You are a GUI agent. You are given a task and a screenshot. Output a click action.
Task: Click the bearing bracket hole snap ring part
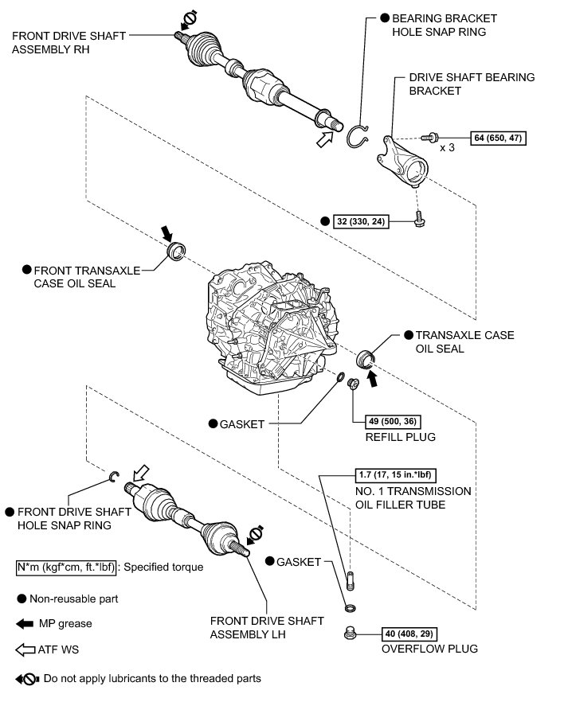pos(358,137)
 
